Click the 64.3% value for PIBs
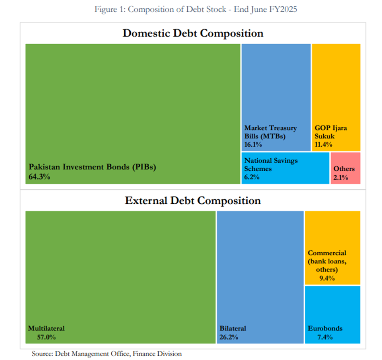click(x=39, y=176)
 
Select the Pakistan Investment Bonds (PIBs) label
click(x=92, y=167)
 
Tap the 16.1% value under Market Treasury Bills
click(x=253, y=144)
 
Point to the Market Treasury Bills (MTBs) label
click(x=270, y=132)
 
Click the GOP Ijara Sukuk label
click(x=331, y=132)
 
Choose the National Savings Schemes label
click(x=271, y=164)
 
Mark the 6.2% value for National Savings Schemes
click(x=252, y=177)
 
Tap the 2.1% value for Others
click(x=341, y=177)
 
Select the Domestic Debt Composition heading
click(x=193, y=33)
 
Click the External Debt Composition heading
click(x=193, y=200)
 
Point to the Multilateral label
click(x=46, y=328)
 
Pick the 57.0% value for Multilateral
click(x=42, y=337)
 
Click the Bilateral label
click(x=232, y=328)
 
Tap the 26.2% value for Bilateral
click(x=229, y=337)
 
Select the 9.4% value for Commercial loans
click(x=327, y=278)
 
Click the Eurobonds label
click(x=325, y=328)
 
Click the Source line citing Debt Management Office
click(x=107, y=354)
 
